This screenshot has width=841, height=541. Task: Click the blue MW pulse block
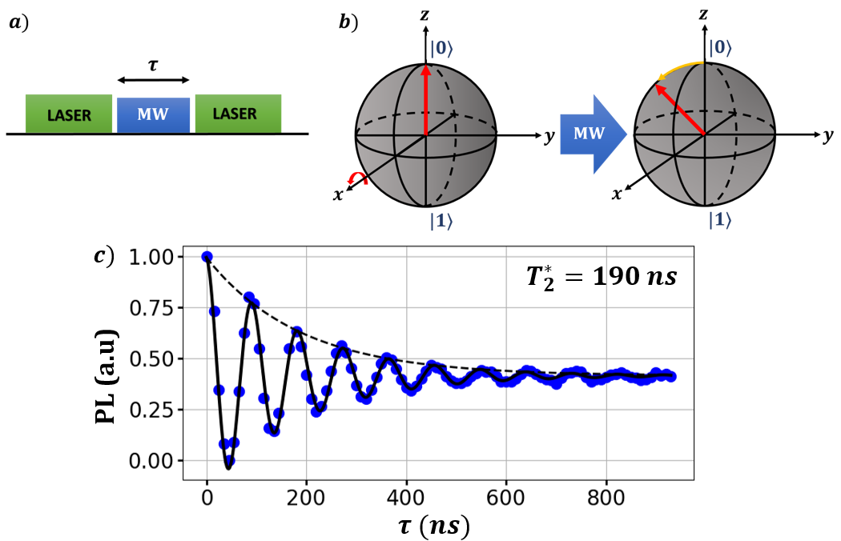point(153,114)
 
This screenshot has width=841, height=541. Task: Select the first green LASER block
point(70,114)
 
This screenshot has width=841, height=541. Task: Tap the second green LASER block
point(238,114)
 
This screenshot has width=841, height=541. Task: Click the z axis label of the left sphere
point(425,14)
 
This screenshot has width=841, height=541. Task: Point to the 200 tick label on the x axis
point(307,495)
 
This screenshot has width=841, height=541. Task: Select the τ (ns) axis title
point(437,524)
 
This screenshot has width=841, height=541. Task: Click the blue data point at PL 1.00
point(207,257)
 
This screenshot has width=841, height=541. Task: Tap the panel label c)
point(103,256)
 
